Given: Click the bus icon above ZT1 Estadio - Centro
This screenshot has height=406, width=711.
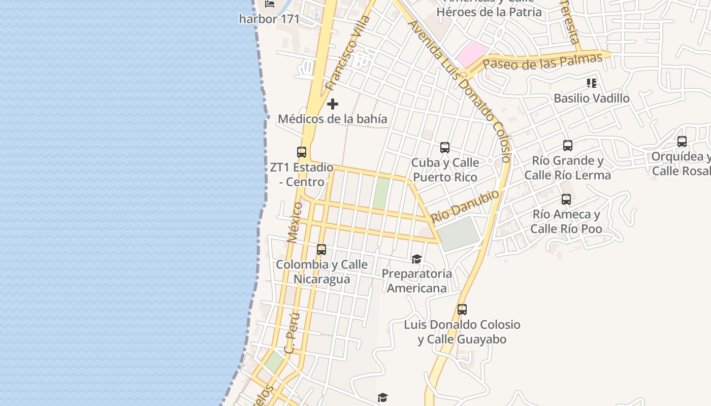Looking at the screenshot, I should [x=302, y=152].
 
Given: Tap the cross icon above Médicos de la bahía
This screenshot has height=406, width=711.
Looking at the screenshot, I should [x=333, y=104].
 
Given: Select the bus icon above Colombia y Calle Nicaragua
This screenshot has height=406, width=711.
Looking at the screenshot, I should [x=321, y=250].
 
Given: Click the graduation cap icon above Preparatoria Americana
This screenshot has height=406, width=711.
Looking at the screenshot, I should [x=416, y=259].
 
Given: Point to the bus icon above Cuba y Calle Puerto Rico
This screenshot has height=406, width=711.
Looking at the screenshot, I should [x=445, y=148].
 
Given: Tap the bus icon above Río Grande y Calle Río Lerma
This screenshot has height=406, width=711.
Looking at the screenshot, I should [x=568, y=146].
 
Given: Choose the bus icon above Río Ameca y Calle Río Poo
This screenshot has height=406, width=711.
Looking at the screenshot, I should [x=566, y=199].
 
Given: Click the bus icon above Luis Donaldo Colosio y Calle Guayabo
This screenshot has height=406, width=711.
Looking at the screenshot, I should [x=462, y=309].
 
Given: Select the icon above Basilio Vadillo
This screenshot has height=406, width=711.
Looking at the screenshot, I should [x=591, y=83].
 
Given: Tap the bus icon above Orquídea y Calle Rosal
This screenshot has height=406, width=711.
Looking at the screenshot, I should [x=682, y=142].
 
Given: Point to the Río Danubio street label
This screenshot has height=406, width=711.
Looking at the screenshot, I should [x=465, y=207].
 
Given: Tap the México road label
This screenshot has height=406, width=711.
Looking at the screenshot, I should [x=294, y=222].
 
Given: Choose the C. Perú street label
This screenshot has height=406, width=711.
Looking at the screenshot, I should [x=292, y=333].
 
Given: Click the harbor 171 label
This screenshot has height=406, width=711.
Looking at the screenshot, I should [x=269, y=19].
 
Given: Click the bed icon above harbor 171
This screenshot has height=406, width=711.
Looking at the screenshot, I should [x=270, y=4].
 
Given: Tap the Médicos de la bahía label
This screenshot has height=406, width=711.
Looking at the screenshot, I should [x=333, y=119].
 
